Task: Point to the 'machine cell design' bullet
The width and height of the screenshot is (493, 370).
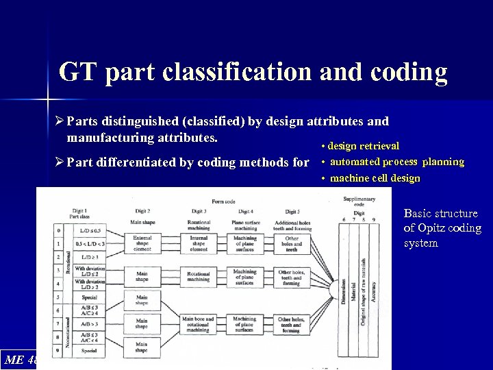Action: point(375,178)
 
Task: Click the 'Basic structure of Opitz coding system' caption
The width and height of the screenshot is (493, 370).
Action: point(442,228)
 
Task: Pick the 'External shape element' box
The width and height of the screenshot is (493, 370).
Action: point(142,244)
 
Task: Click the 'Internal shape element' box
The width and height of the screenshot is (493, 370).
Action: point(199,244)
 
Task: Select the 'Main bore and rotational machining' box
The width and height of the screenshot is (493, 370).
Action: point(199,324)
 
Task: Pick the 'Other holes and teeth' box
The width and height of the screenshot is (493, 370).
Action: point(292,244)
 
